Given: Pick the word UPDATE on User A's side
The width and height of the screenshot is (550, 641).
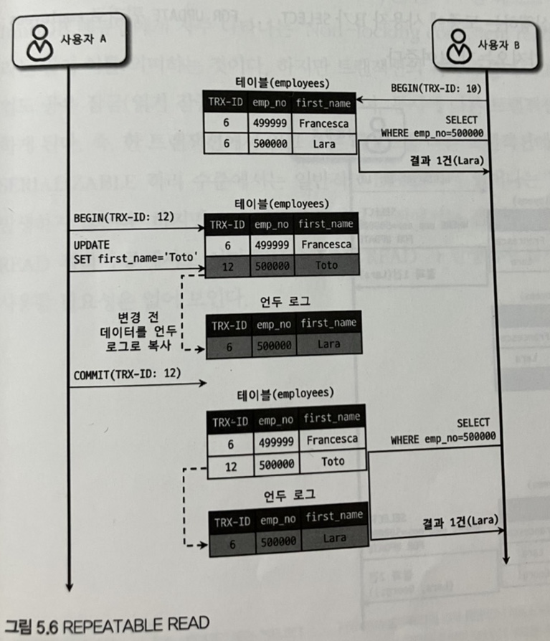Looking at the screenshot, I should (x=91, y=244).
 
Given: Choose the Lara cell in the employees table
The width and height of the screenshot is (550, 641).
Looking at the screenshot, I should (x=323, y=143).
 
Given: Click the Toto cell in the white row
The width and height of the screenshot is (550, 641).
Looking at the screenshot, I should (x=333, y=462).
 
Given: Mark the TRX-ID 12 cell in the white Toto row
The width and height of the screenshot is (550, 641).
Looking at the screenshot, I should (x=231, y=464).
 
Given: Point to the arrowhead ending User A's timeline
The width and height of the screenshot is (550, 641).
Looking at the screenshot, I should (x=68, y=586).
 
